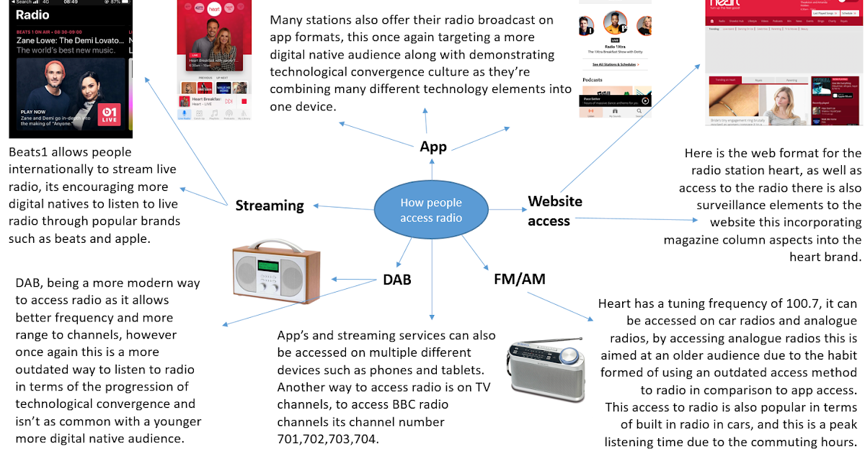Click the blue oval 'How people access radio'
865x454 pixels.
point(431,210)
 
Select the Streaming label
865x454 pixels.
point(270,205)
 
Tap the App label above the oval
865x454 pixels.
point(433,147)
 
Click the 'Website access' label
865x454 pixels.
point(554,210)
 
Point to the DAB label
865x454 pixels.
point(396,279)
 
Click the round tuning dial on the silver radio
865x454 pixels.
point(569,356)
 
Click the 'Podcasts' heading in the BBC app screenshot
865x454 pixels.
point(593,81)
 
